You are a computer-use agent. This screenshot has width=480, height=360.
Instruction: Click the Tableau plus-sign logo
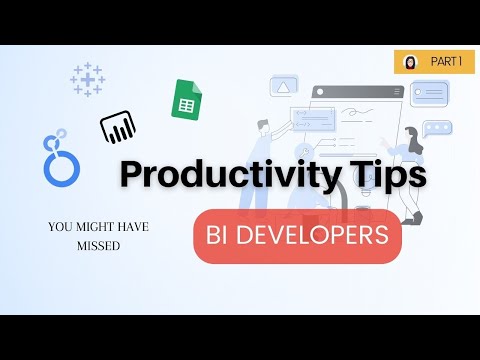click(x=88, y=78)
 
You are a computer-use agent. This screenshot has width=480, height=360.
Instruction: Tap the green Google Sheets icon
click(x=185, y=100)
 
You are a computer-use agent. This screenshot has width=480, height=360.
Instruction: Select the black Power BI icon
click(x=117, y=127)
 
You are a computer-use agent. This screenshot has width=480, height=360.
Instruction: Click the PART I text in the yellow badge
click(x=446, y=62)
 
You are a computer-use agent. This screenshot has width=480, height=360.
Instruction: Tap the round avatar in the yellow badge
click(x=410, y=62)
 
